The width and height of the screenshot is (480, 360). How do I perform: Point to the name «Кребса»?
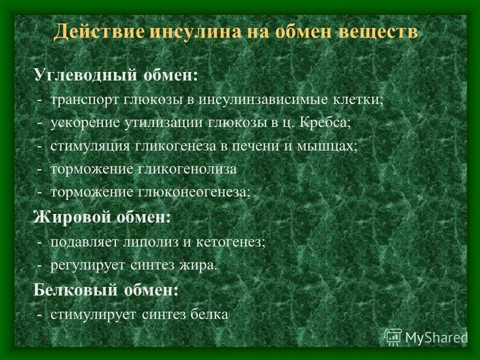(325, 123)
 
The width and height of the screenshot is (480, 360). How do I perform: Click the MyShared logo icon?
(393, 337)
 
